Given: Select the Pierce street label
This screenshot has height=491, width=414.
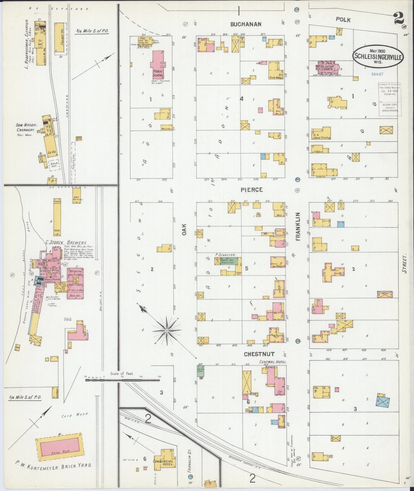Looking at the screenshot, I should (x=252, y=190).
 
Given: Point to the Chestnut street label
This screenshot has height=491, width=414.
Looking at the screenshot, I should (x=259, y=354).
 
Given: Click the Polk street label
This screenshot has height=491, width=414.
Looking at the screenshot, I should (x=343, y=20).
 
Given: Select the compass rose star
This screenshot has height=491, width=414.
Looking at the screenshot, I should (x=166, y=331).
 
